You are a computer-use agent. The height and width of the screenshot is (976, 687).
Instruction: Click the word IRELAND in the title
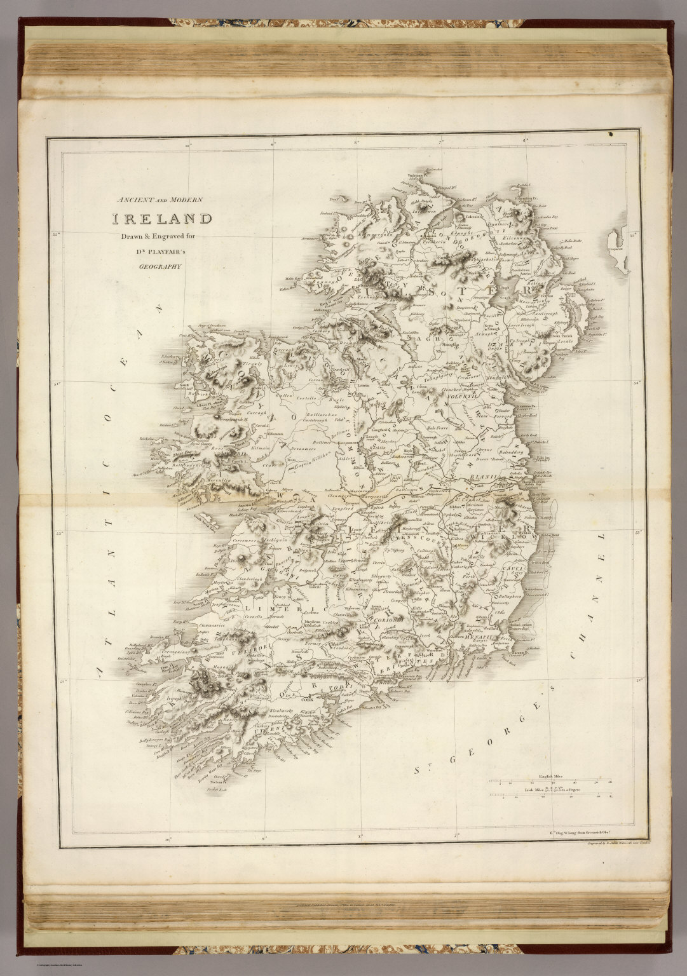point(163,220)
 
